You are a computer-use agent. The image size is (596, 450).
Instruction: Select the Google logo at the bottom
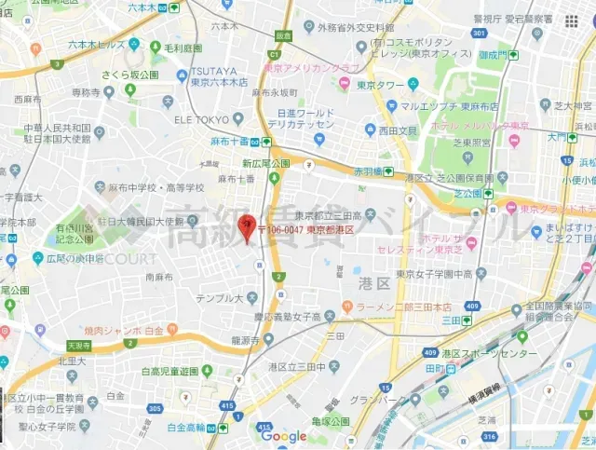283,436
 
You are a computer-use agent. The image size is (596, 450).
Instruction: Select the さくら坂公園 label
131,76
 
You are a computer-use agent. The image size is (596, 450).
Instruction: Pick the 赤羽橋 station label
369,171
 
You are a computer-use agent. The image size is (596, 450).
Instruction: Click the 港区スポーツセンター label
489,354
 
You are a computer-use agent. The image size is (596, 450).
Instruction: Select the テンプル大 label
219,298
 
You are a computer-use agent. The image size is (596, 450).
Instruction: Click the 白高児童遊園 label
170,371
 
